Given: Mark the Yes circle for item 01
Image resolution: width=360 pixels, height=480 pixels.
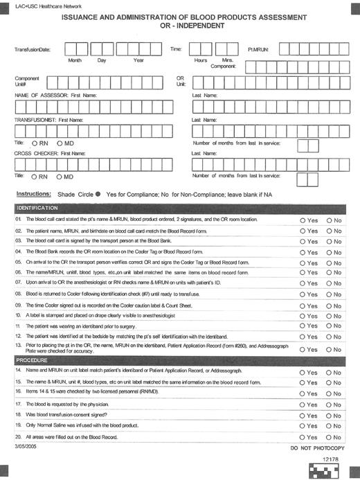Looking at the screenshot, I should [x=303, y=220].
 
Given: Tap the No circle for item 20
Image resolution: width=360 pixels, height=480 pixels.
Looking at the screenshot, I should [x=329, y=437].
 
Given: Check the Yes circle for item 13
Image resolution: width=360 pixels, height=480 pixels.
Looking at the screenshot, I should [x=303, y=350].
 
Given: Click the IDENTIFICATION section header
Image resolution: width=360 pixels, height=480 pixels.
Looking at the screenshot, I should [x=38, y=208].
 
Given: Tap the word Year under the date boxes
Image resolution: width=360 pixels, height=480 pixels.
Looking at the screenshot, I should [x=138, y=61].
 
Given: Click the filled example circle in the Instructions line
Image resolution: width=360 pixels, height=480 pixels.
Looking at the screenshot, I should [x=98, y=195].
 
